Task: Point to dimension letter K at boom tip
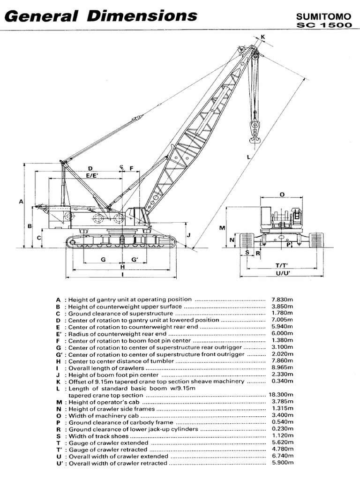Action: click(x=263, y=37)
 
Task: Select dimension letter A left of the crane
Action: click(x=21, y=202)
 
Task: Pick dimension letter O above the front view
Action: click(x=282, y=194)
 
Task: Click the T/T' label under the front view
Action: click(x=281, y=265)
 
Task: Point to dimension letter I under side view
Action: click(x=122, y=275)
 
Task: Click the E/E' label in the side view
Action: click(x=91, y=175)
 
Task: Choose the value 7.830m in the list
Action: click(x=282, y=299)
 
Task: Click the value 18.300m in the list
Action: click(x=281, y=396)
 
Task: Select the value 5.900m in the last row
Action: click(x=282, y=463)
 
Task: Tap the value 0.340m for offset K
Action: click(x=282, y=382)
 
